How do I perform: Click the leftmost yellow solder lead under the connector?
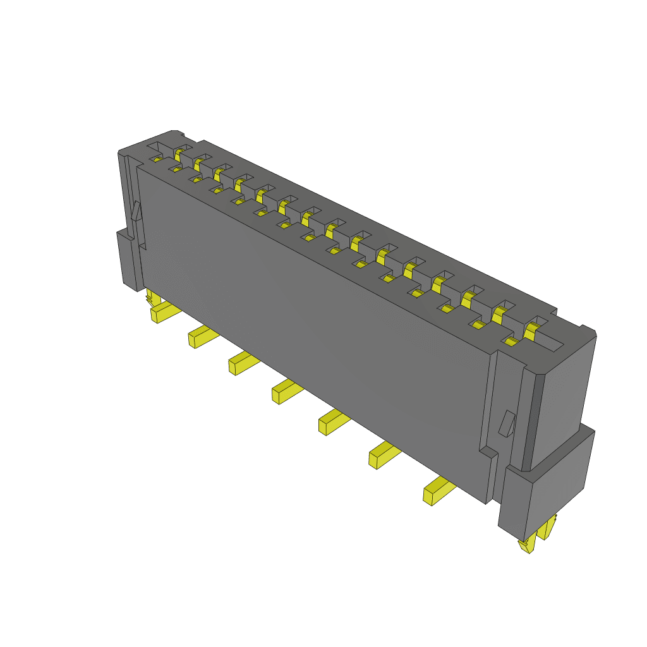[163, 312]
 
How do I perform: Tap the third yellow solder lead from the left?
[243, 364]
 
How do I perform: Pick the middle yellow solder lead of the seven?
[286, 391]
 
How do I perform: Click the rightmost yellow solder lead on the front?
[437, 491]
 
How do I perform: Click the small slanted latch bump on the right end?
[506, 423]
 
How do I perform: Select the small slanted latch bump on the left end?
[136, 211]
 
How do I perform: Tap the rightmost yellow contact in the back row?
[533, 329]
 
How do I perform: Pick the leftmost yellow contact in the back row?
[179, 154]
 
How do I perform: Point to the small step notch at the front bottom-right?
[487, 452]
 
